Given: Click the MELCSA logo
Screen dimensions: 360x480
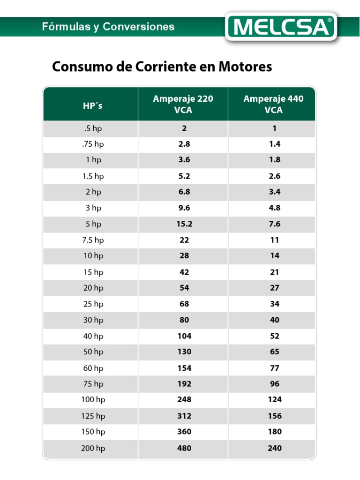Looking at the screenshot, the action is (281, 26).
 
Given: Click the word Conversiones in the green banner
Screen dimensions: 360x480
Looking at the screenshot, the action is (139, 27).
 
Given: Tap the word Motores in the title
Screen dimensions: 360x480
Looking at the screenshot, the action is (245, 67).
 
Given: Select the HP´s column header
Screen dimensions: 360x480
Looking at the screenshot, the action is (92, 105).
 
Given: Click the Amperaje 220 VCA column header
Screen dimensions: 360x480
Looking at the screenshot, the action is (183, 104).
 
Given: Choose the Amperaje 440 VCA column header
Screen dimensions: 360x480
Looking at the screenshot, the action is (273, 104).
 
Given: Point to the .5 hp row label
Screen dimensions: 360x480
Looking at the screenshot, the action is (93, 128).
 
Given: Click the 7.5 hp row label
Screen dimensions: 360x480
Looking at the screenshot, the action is (93, 240).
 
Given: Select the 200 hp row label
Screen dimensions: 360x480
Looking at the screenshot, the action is (93, 448).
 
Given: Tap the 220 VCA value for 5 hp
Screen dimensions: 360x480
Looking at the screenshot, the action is (184, 224).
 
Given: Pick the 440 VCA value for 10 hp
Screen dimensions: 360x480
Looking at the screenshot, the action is (275, 255).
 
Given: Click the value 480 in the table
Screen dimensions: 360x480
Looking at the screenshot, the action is (184, 448).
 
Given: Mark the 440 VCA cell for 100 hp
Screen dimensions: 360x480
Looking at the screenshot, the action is (275, 399).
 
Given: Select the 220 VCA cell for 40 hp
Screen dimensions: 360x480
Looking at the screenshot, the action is (184, 336).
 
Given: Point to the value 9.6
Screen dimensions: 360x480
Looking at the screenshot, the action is (184, 208).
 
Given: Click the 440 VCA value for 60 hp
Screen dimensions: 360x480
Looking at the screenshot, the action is (275, 368).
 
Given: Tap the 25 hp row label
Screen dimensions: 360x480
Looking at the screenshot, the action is (93, 304).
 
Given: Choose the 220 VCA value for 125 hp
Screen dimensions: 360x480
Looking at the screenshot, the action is (184, 416).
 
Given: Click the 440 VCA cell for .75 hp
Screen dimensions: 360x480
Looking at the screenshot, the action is (275, 144).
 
